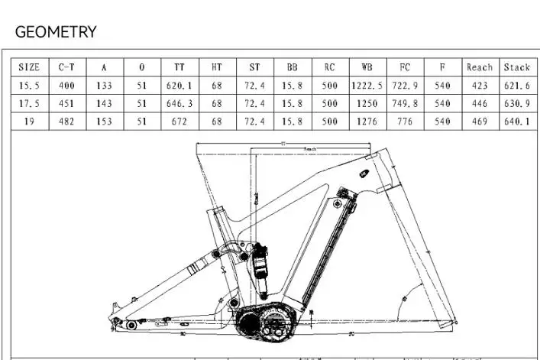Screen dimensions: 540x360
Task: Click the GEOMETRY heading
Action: [56, 32]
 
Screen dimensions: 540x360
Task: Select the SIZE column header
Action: [29, 67]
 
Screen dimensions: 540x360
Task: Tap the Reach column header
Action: [480, 67]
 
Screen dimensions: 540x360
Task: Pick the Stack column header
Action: [516, 67]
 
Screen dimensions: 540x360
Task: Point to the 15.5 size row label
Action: [29, 86]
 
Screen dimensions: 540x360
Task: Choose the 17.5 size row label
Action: [29, 103]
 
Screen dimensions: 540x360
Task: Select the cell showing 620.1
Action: [179, 86]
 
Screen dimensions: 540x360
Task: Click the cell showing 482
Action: [66, 121]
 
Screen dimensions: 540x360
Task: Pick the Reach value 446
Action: [480, 103]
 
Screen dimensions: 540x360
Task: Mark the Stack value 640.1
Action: [516, 121]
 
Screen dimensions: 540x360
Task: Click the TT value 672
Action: [179, 121]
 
